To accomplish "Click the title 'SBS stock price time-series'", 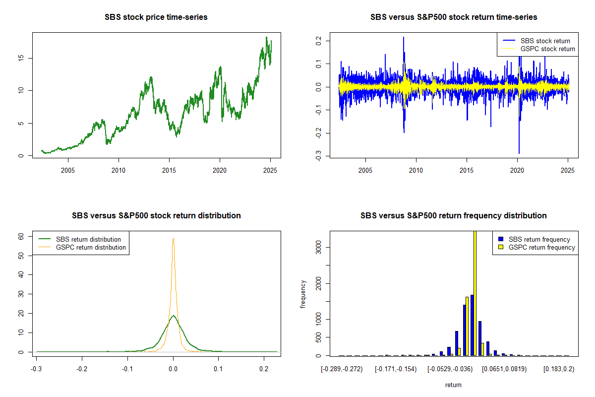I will point(156,17).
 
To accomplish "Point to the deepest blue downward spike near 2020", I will point(519,153).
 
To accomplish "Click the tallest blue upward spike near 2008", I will point(404,37).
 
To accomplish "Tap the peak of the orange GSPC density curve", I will point(173,239).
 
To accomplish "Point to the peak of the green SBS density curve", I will point(173,316).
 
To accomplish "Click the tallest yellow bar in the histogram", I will point(475,293).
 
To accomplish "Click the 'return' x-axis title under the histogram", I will point(453,385).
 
